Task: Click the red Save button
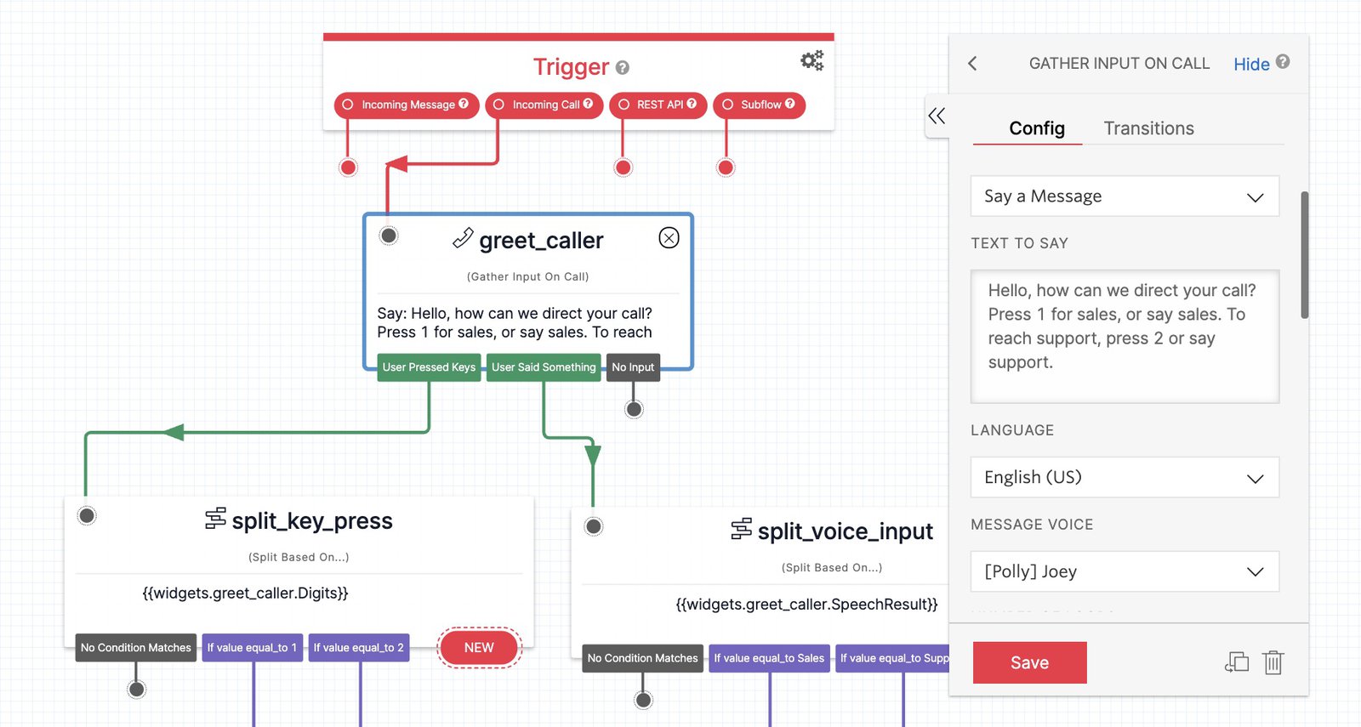[1029, 662]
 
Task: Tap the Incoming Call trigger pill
[544, 105]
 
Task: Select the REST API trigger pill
[658, 105]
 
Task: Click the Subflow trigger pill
[759, 105]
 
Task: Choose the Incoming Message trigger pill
[407, 105]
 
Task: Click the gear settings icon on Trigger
[811, 60]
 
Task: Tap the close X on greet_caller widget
[669, 238]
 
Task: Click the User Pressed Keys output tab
[429, 367]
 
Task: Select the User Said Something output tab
[544, 367]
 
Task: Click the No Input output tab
[633, 367]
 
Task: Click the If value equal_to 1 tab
[252, 648]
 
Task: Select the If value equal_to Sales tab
[769, 658]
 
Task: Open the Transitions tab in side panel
[1148, 128]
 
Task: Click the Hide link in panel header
[1251, 65]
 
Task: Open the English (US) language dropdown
[1124, 477]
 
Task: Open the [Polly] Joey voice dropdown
[1124, 571]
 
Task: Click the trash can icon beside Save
[1273, 662]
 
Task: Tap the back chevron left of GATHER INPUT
[973, 64]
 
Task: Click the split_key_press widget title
[311, 520]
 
